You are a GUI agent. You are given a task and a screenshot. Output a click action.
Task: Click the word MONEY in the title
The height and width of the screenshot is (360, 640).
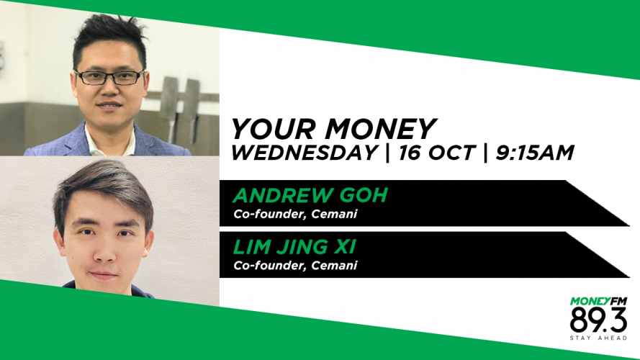[381, 129]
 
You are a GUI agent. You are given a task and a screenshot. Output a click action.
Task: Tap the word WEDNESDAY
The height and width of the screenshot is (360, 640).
[304, 153]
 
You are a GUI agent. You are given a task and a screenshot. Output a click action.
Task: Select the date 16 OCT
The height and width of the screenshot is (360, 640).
[436, 153]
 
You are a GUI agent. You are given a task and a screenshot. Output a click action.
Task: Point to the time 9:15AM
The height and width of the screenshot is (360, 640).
[535, 153]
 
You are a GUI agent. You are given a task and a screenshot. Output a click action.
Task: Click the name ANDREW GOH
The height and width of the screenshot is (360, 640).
[310, 195]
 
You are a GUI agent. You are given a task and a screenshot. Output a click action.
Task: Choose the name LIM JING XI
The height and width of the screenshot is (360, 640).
[294, 247]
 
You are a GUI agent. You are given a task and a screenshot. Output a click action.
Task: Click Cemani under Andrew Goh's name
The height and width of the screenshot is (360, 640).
[334, 214]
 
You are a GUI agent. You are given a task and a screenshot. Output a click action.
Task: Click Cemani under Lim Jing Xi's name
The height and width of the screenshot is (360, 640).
[334, 265]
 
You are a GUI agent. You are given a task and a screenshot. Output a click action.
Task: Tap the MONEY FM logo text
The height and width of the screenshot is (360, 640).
[598, 302]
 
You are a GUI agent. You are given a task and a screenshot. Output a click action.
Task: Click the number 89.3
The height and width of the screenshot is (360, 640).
[598, 320]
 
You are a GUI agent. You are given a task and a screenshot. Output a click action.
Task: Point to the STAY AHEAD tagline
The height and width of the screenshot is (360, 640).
[598, 338]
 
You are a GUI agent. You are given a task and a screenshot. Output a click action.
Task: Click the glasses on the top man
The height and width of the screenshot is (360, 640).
[110, 77]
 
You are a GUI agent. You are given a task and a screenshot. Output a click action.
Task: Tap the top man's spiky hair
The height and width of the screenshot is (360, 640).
[109, 37]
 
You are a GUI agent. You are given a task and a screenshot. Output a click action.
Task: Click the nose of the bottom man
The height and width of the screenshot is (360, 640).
[104, 251]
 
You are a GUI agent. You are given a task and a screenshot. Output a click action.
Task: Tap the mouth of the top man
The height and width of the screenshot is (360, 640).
[109, 105]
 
